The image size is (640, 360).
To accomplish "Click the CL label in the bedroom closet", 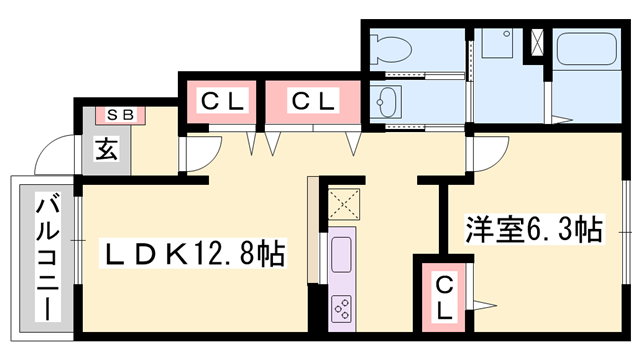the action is (x=445, y=297).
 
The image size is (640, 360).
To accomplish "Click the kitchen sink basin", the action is (x=339, y=258).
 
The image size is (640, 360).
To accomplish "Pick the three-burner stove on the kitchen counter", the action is (x=339, y=307).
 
